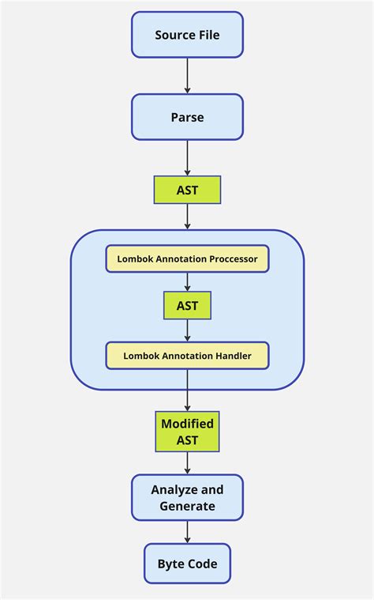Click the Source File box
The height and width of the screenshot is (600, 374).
(187, 35)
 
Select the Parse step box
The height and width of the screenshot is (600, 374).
(187, 117)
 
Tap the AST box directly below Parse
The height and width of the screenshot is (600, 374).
(187, 190)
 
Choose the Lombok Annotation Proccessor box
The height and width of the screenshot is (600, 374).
(187, 258)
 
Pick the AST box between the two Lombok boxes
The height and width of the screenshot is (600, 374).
(187, 305)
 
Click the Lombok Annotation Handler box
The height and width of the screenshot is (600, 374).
(187, 356)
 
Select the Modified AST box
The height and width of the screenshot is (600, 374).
(187, 432)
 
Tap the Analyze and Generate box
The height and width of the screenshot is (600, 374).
(187, 497)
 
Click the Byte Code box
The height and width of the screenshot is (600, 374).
(187, 564)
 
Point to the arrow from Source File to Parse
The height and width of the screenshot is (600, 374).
(187, 76)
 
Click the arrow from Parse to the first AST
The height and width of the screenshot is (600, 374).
(187, 158)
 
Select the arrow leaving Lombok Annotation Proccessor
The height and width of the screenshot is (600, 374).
(187, 282)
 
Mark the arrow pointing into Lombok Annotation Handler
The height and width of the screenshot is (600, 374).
(187, 331)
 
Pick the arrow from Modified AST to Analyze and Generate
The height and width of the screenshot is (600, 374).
(187, 463)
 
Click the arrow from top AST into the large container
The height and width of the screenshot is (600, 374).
(187, 217)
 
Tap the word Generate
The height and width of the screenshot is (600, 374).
(187, 506)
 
